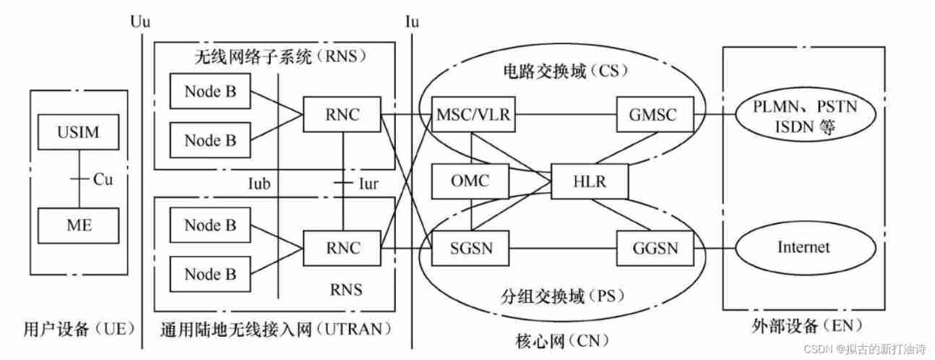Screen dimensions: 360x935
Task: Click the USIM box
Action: [77, 133]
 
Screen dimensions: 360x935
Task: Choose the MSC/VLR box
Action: [474, 114]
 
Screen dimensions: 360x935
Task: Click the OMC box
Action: [469, 181]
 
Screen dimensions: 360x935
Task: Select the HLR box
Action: [588, 181]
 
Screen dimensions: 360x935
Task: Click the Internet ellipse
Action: [803, 247]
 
